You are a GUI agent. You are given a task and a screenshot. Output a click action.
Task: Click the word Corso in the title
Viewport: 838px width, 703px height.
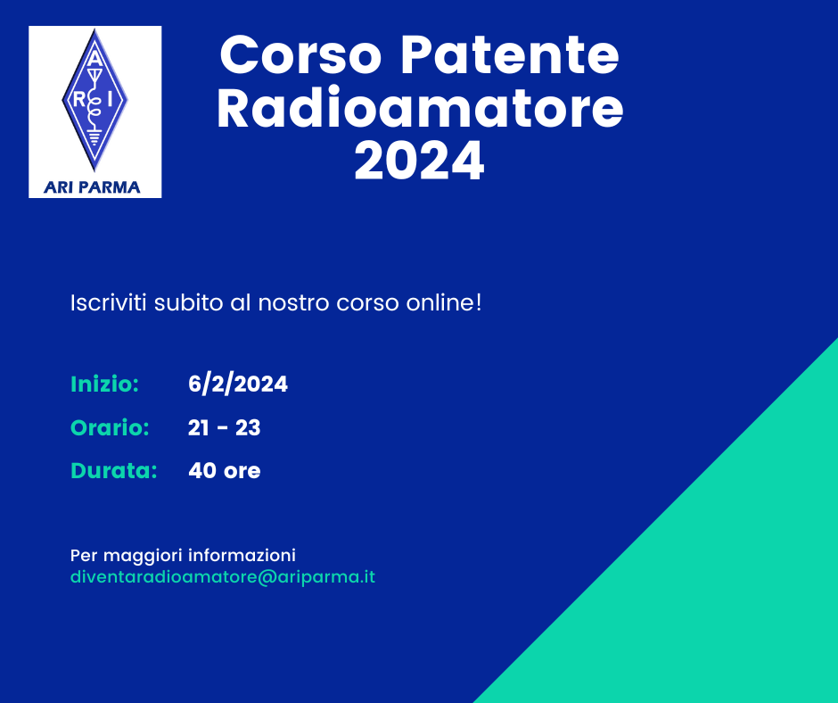300,55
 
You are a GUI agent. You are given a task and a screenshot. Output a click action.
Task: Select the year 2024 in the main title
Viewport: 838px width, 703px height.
420,161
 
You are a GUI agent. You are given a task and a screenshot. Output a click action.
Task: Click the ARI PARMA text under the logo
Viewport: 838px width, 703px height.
92,187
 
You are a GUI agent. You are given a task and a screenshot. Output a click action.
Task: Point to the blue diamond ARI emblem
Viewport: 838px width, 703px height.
94,100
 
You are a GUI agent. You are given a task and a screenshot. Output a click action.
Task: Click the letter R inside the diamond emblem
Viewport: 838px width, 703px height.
79,100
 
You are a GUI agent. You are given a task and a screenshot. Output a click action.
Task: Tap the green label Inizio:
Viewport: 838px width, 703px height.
105,385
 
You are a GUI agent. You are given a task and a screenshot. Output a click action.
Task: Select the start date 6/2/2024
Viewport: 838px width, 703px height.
238,385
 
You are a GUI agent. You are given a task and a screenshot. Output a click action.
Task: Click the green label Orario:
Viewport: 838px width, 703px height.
110,427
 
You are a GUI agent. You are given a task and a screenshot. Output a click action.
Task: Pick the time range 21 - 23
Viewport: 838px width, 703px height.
225,427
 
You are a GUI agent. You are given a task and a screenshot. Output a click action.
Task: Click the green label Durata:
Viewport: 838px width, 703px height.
114,471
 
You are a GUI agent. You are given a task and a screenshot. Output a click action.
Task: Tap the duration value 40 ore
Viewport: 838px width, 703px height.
225,471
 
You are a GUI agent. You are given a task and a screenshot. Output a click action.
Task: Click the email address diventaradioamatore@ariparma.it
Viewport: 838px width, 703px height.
223,577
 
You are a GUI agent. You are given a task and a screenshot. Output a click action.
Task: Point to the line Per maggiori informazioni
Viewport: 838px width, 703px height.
184,555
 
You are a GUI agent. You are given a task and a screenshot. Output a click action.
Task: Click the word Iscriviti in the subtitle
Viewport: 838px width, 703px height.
109,302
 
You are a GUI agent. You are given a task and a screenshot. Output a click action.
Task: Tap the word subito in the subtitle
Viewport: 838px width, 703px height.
188,302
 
